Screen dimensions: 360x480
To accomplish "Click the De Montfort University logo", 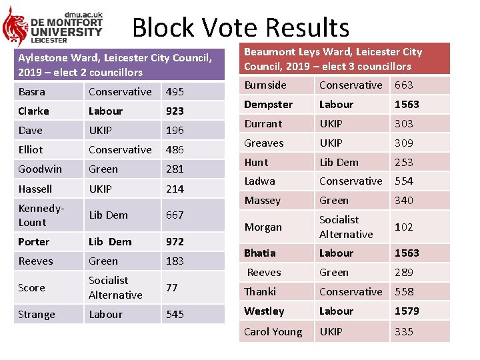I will tap(53, 26).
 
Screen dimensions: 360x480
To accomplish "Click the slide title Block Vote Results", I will tap(241, 28).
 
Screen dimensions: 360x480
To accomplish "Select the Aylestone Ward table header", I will tap(119, 65).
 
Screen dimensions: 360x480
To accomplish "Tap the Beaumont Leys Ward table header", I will tap(345, 59).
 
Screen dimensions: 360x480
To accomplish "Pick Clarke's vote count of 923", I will tap(175, 111).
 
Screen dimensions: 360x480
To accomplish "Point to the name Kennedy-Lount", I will tap(41, 215).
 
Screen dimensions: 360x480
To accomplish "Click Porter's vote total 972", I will tap(175, 242).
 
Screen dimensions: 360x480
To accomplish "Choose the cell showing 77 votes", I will tap(172, 288).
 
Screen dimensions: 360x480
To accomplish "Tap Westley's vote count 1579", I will tap(407, 311).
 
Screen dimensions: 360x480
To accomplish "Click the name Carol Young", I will tap(273, 332).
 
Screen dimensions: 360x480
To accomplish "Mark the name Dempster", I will tap(268, 105).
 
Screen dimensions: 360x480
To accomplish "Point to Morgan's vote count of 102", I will tap(404, 227).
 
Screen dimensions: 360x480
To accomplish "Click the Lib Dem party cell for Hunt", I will tap(339, 163).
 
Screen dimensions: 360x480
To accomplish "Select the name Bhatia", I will tap(260, 253).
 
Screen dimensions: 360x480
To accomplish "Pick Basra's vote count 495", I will tap(175, 92).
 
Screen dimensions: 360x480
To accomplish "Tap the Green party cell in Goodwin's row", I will tap(103, 169).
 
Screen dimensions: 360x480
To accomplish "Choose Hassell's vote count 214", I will tap(175, 189).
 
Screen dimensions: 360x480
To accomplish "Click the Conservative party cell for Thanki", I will tap(351, 292).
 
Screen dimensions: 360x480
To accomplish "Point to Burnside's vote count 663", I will tap(404, 85).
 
